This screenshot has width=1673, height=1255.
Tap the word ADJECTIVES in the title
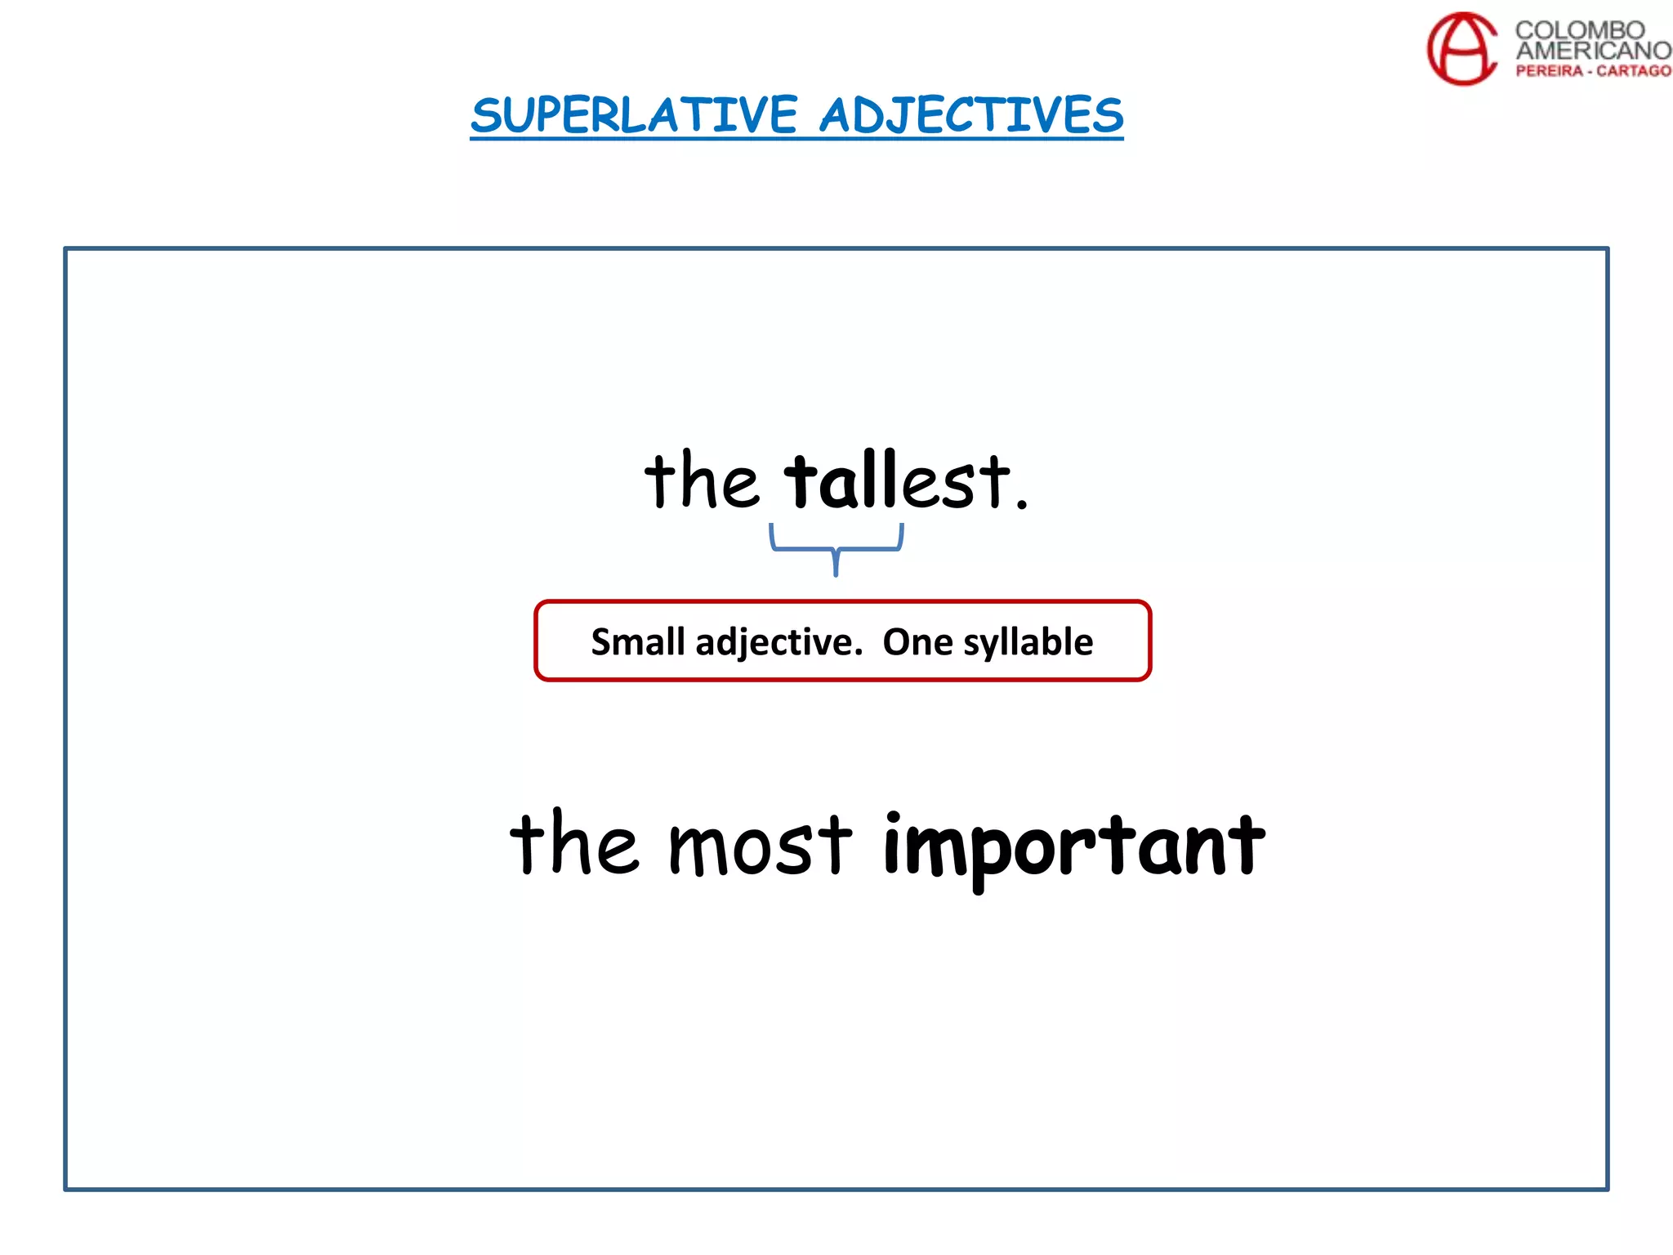(x=971, y=116)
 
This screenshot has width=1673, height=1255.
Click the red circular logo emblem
(x=1462, y=48)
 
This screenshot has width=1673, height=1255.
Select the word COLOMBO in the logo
(x=1580, y=30)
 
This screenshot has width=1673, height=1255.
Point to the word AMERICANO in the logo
(x=1593, y=51)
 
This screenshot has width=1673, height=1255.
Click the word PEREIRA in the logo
(x=1549, y=71)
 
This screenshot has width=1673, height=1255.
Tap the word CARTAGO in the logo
(x=1634, y=71)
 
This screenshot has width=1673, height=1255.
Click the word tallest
(x=897, y=481)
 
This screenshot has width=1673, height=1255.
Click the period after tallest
(x=1021, y=505)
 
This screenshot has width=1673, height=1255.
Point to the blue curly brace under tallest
(x=836, y=547)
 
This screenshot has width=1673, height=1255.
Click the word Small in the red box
(x=638, y=642)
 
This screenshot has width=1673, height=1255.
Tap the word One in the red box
(x=917, y=642)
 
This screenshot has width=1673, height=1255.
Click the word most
(x=760, y=846)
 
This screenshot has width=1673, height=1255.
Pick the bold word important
(x=1073, y=846)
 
